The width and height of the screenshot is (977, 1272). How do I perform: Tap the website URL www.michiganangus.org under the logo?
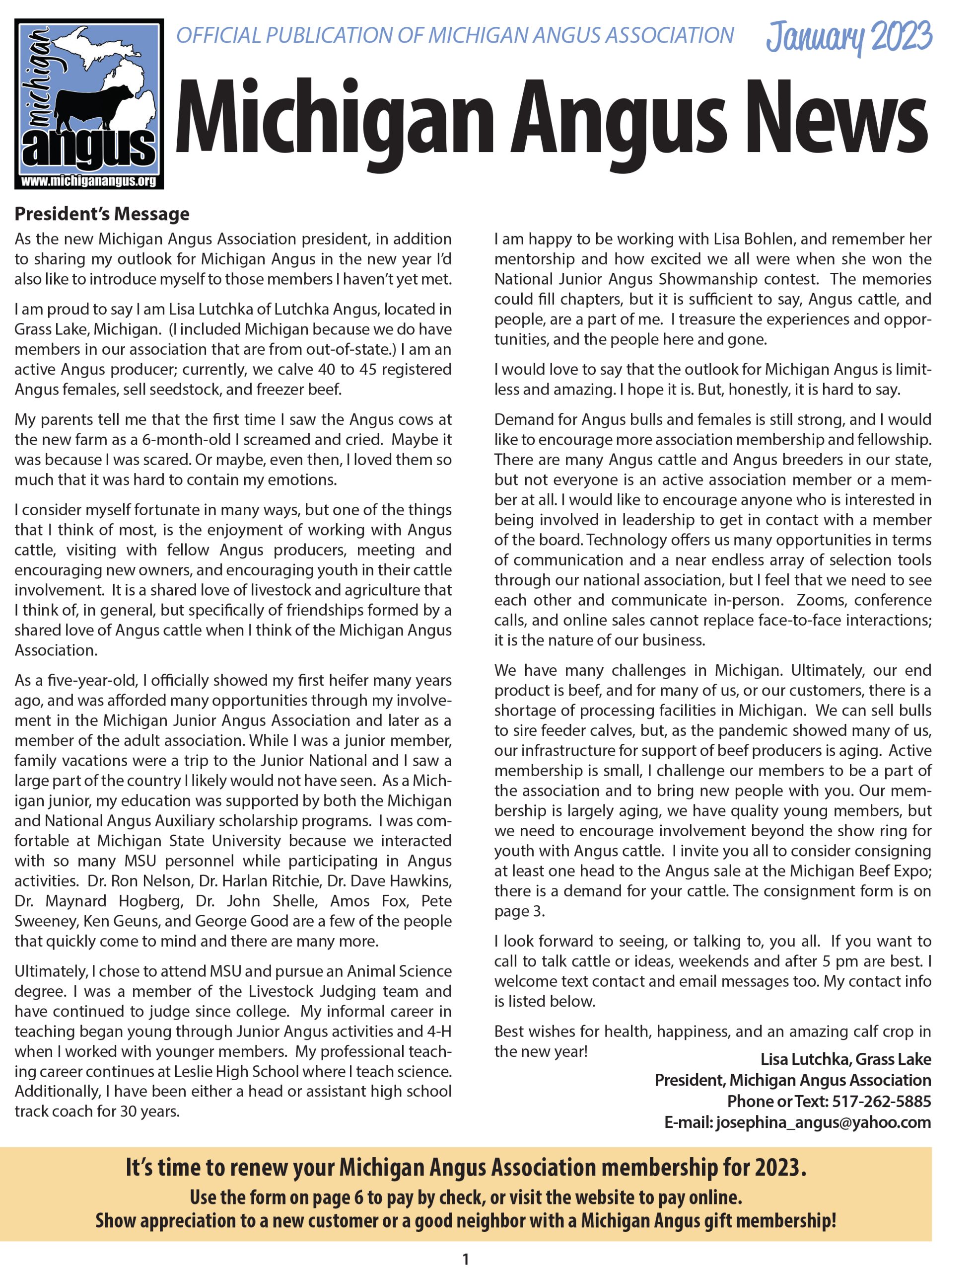coord(88,181)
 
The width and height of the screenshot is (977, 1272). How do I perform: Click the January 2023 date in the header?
coord(848,37)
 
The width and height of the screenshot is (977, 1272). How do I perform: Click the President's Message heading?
coord(102,214)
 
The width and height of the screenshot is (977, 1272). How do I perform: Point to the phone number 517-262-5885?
coord(881,1101)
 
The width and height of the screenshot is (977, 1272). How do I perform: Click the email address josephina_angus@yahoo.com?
coord(823,1122)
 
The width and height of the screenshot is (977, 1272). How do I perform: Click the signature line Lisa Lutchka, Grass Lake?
coord(845,1059)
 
